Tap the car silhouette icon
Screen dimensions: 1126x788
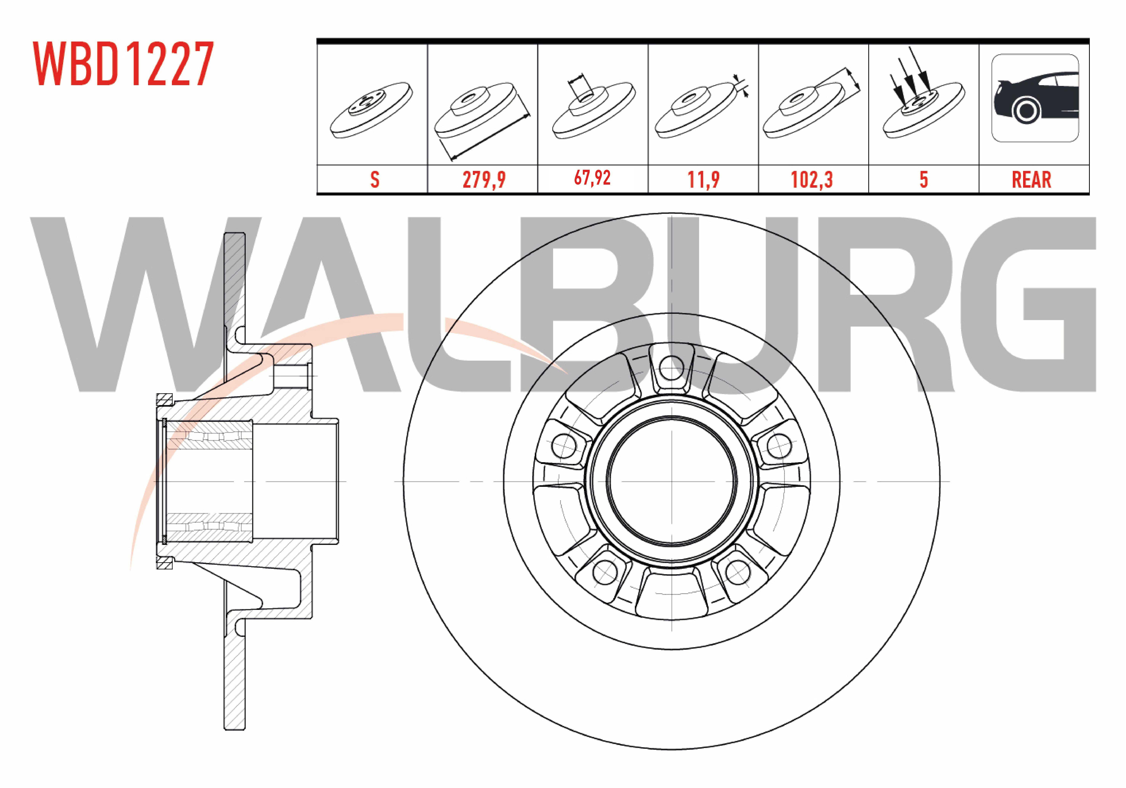coord(1035,98)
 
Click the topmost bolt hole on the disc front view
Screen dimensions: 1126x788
coord(671,368)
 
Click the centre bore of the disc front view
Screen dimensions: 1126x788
coord(671,480)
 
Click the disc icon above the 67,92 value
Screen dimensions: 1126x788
coord(592,105)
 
